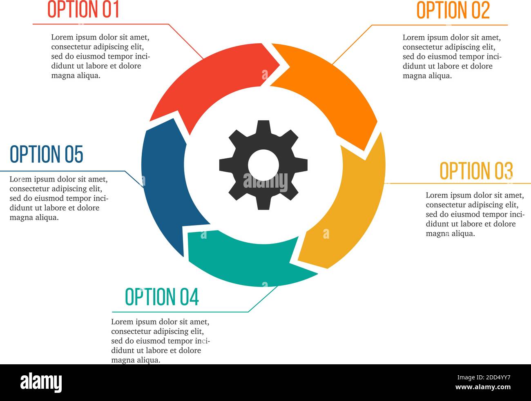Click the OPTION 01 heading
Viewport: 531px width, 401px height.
83,9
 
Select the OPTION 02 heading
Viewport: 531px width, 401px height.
453,10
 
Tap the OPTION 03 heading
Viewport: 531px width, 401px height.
476,171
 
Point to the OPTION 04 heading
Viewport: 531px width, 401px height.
162,297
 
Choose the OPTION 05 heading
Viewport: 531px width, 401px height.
47,154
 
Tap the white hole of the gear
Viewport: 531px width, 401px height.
263,165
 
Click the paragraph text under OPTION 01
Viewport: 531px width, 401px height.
100,56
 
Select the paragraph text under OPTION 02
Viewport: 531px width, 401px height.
452,56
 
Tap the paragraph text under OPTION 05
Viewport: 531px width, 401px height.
59,198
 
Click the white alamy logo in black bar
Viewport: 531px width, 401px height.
41,383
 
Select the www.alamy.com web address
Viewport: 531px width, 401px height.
483,387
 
